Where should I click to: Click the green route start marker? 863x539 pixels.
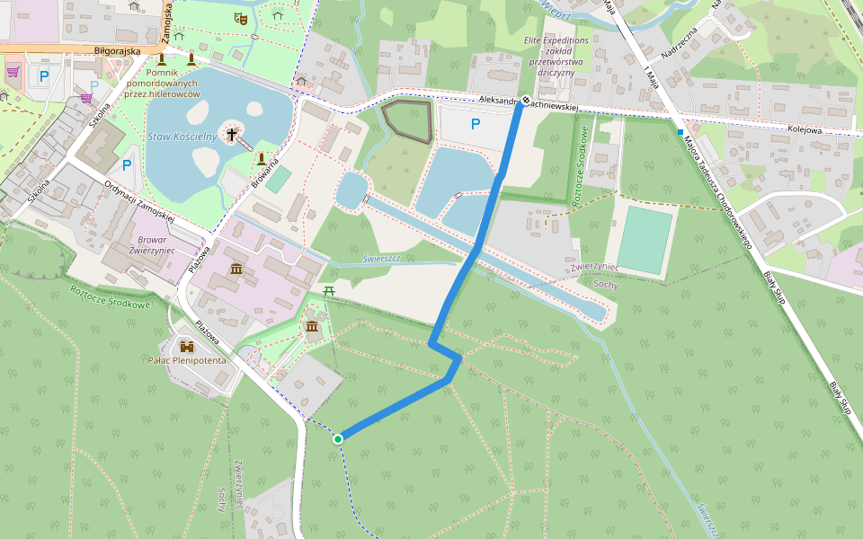click(338, 438)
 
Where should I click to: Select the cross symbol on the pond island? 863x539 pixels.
click(232, 136)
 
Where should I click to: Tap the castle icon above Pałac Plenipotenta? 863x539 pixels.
click(187, 346)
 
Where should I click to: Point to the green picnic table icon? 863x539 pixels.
click(329, 292)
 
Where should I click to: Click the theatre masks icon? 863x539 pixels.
click(240, 17)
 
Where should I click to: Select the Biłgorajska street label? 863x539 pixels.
click(117, 51)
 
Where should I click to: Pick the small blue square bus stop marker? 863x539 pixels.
click(681, 132)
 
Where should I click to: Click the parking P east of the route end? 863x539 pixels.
click(476, 124)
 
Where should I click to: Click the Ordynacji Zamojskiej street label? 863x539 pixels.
click(138, 201)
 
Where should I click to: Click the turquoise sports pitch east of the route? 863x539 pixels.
click(645, 240)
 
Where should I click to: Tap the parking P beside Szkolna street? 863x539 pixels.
click(127, 164)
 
